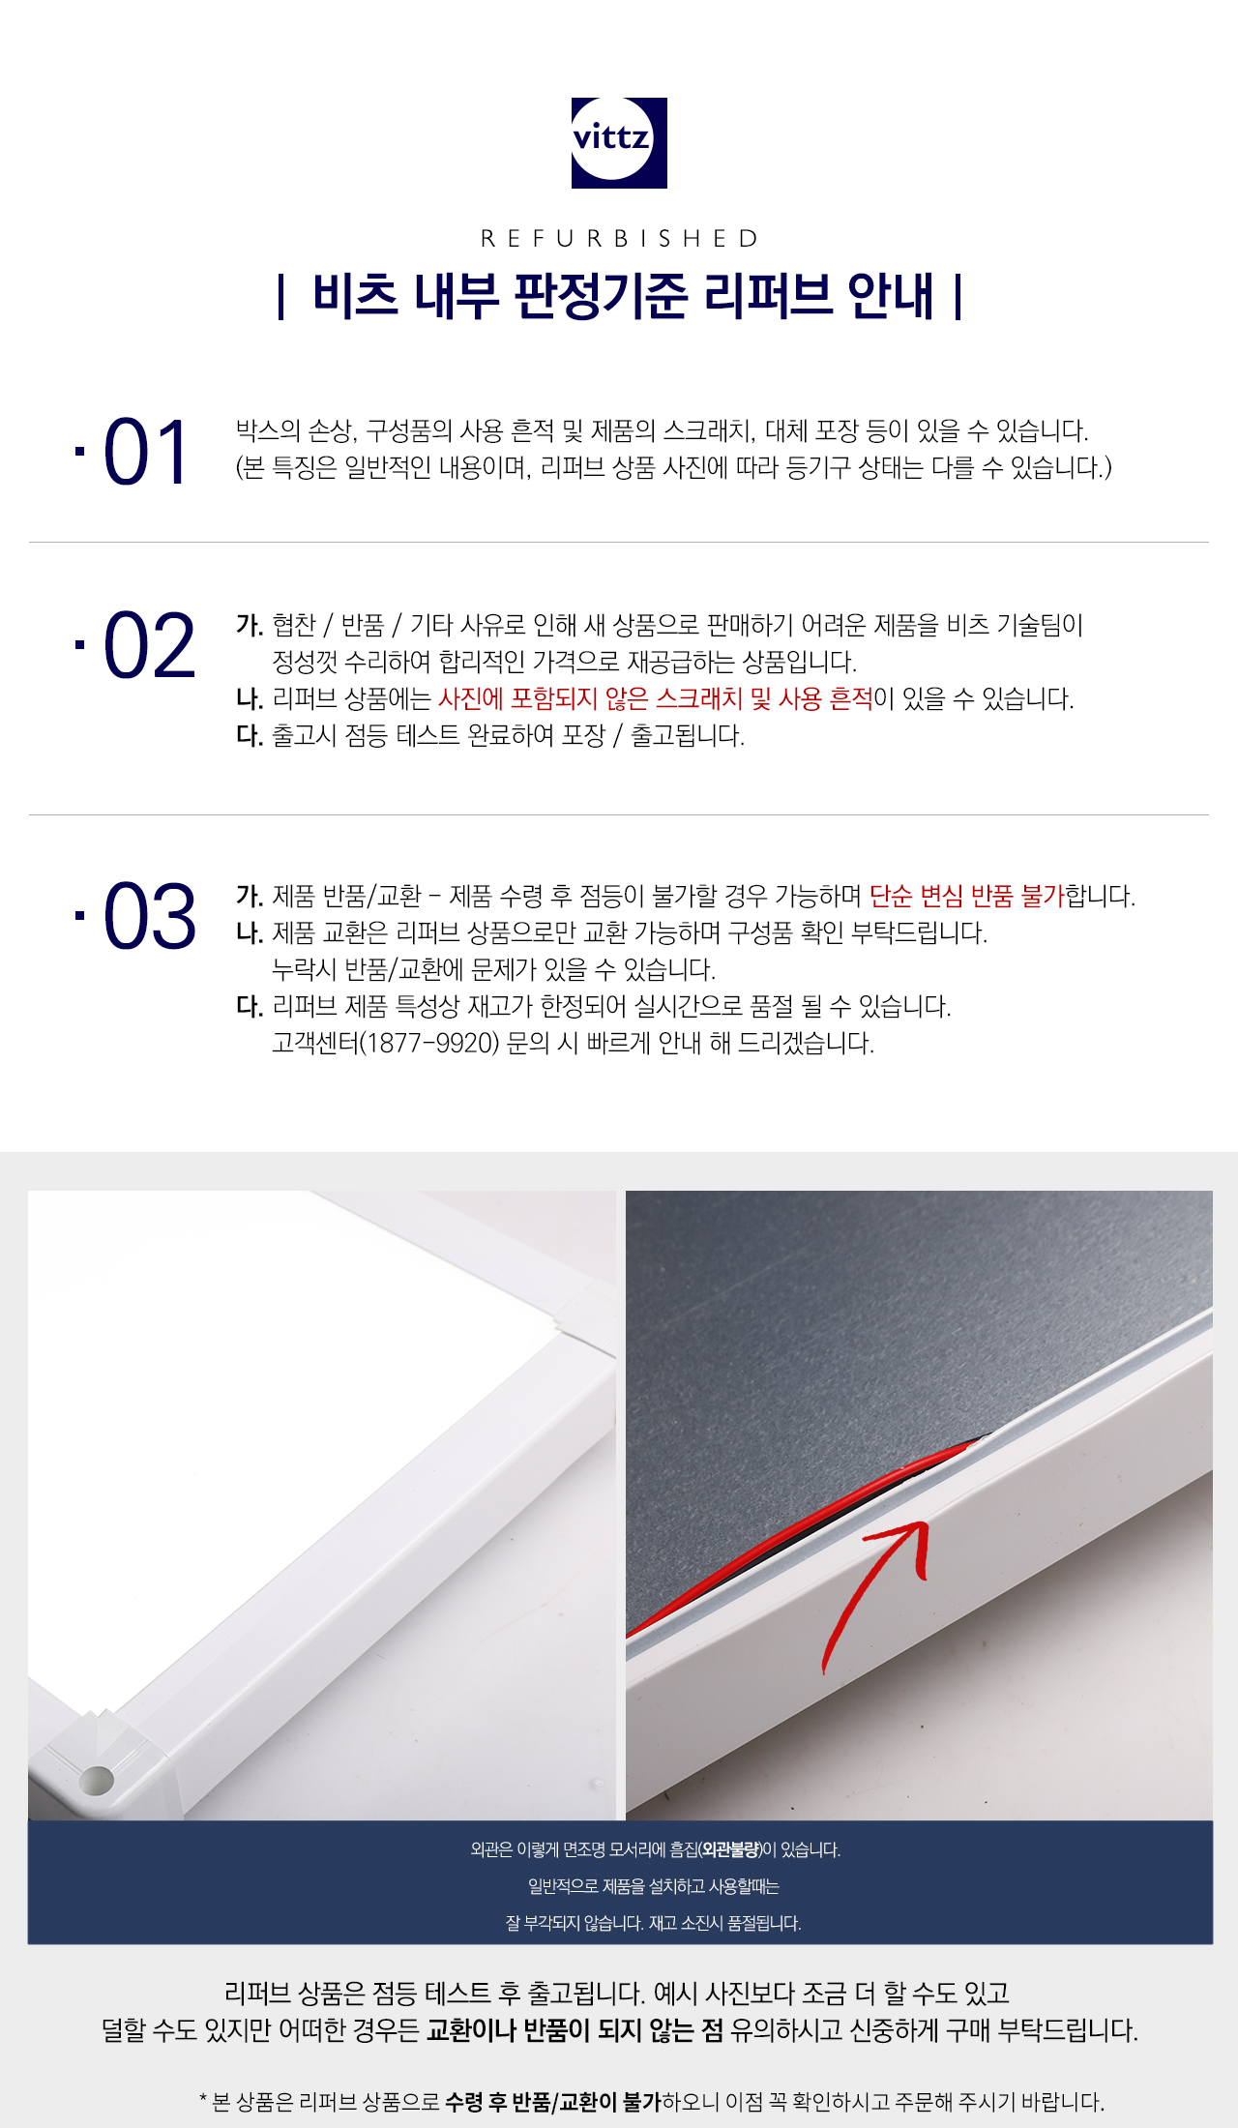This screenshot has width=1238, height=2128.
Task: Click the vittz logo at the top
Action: click(619, 142)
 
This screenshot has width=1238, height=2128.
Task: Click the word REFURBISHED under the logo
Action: click(619, 239)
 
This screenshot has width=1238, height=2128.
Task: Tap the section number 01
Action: click(145, 453)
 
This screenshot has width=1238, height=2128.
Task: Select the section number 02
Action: click(149, 646)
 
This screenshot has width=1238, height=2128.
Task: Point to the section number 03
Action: click(149, 916)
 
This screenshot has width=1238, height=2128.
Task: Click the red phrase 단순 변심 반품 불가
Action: click(966, 897)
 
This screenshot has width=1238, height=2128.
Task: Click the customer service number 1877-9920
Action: click(429, 1044)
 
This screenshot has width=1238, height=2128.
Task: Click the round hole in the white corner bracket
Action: click(97, 1778)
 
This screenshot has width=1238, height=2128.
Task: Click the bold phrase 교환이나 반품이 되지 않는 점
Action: click(575, 2030)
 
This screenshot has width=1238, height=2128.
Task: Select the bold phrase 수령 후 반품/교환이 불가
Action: click(553, 2102)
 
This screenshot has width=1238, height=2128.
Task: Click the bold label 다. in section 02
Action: click(250, 736)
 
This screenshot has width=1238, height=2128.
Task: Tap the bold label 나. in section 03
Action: click(250, 933)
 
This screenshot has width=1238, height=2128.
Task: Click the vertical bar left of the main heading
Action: click(280, 296)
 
